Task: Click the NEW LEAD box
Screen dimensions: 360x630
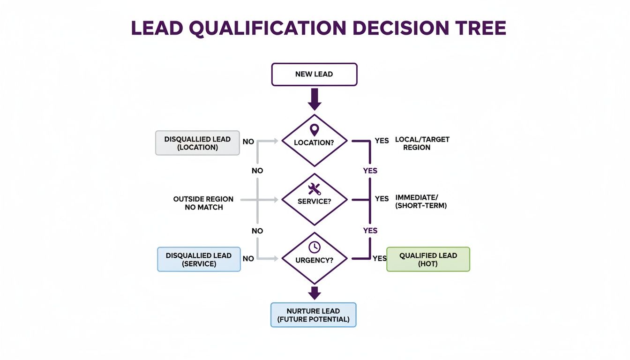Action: pos(314,75)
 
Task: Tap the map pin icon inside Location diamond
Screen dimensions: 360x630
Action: pos(314,130)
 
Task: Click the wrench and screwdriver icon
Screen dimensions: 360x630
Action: pos(314,189)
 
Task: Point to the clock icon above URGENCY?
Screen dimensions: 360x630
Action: pos(314,247)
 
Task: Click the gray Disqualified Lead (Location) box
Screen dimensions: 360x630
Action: pos(197,143)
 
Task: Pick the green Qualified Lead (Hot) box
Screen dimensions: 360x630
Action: pos(428,259)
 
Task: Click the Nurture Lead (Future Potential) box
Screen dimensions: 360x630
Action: pos(314,315)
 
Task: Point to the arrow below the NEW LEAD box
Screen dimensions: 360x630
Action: pos(314,99)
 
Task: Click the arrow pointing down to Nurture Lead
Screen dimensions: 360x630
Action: pos(314,293)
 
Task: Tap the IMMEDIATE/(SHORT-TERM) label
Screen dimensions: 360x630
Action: pos(420,202)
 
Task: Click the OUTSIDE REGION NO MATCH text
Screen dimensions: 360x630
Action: pos(203,203)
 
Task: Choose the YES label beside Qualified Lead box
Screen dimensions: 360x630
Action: pos(380,258)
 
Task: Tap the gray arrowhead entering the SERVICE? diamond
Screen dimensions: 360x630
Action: pos(277,200)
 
